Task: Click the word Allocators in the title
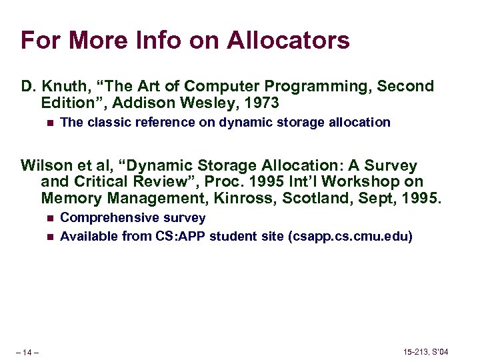point(288,40)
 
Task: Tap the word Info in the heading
point(153,40)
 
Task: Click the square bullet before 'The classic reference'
point(46,123)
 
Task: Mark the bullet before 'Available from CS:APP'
point(46,236)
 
